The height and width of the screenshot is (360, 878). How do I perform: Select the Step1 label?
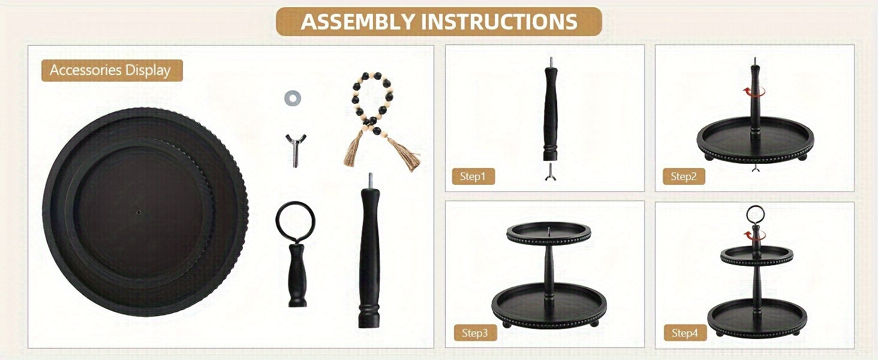(473, 176)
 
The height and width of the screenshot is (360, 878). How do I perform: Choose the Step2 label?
(684, 176)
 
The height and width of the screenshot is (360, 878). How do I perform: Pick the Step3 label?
(474, 333)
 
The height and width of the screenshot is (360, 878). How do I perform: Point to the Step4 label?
(685, 333)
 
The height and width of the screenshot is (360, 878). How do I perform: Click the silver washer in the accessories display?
(293, 98)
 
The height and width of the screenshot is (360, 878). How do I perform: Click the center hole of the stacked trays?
(139, 212)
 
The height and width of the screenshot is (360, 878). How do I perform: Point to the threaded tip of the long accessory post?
(370, 181)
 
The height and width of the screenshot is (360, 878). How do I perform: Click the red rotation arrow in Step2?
(754, 92)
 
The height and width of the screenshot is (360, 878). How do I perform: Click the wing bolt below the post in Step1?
(551, 172)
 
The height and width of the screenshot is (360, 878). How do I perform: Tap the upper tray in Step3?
(549, 233)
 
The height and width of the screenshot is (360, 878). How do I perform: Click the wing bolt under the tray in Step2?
(755, 167)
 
